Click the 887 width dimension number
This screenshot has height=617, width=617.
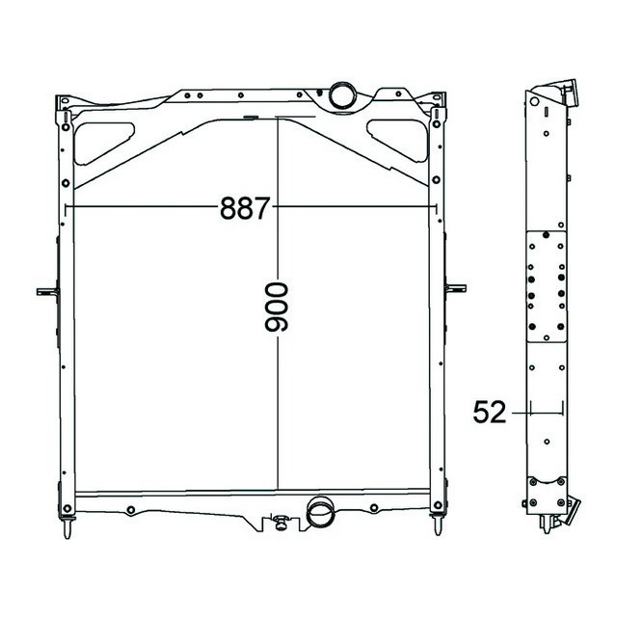coord(243,207)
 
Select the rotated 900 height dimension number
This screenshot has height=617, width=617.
coord(277,308)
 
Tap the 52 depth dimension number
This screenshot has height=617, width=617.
coord(490,413)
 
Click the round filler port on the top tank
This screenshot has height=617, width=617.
coord(342,94)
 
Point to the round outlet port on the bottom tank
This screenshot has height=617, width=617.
coord(318,513)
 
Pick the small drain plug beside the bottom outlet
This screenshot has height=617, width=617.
coord(282,523)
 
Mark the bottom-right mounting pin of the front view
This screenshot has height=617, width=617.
coord(437,526)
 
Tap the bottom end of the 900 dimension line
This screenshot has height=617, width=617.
coord(278,490)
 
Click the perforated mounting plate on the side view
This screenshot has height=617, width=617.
coord(546,286)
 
